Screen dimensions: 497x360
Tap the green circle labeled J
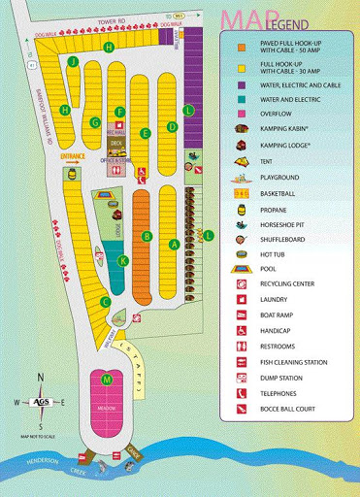click(x=73, y=60)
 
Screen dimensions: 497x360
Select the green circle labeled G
click(x=95, y=122)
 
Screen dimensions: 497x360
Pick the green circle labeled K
click(x=123, y=260)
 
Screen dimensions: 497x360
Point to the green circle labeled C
click(x=105, y=302)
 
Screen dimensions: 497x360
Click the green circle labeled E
click(x=146, y=133)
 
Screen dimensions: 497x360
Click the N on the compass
click(x=40, y=379)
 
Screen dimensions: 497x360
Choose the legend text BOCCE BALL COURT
click(x=290, y=409)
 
